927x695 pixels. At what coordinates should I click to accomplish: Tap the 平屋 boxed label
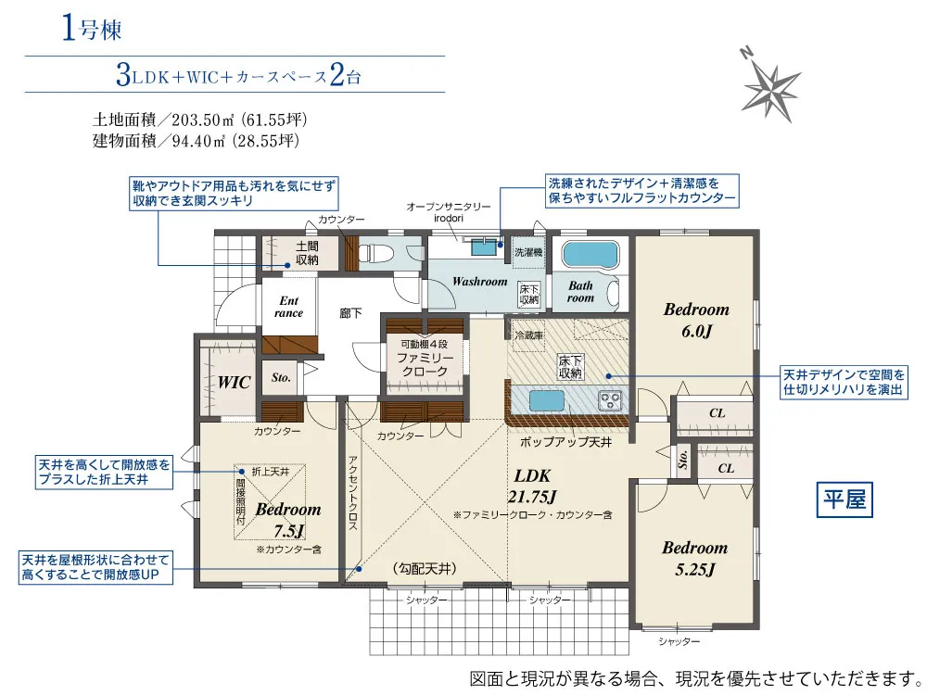point(844,500)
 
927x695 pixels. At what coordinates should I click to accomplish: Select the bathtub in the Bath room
point(590,254)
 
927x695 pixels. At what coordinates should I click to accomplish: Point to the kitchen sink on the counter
point(547,400)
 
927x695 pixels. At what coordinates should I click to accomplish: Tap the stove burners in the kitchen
point(610,400)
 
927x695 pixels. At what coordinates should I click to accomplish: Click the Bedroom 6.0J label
point(696,320)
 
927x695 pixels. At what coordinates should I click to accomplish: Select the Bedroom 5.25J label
point(694,558)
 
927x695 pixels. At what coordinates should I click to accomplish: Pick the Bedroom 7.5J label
point(288,520)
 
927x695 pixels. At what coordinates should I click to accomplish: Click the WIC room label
point(235,383)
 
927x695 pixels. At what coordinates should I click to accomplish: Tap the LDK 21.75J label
point(532,486)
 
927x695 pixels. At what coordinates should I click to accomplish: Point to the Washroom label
point(479,282)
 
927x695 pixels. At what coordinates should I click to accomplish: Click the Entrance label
point(288,307)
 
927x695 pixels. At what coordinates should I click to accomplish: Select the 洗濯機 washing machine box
point(528,252)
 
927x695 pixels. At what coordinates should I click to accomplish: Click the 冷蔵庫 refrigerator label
point(528,335)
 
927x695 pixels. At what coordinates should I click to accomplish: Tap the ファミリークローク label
point(425,364)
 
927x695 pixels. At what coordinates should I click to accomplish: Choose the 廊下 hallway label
point(350,313)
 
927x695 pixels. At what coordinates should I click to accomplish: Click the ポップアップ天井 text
point(565,441)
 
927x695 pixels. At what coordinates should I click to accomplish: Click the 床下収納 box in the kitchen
point(570,366)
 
